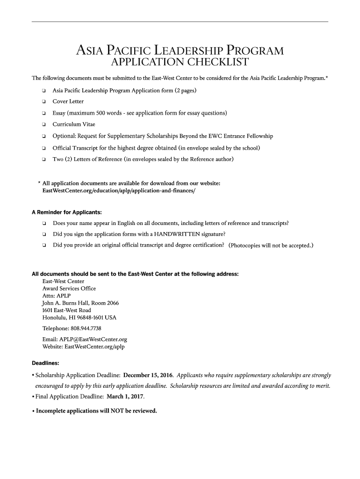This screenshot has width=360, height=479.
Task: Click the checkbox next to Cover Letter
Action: tap(43, 102)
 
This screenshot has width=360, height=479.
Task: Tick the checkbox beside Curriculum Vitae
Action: tap(43, 125)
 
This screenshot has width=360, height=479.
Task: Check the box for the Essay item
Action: tap(43, 113)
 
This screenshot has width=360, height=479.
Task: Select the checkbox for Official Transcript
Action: tap(43, 148)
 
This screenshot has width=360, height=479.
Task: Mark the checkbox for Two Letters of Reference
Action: tap(43, 160)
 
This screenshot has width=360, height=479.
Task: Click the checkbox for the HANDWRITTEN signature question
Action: tap(43, 234)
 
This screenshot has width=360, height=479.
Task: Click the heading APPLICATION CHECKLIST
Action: tap(180, 63)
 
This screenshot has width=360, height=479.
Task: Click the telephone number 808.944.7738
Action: tap(86, 328)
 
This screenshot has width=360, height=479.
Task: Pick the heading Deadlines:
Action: tap(45, 363)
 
